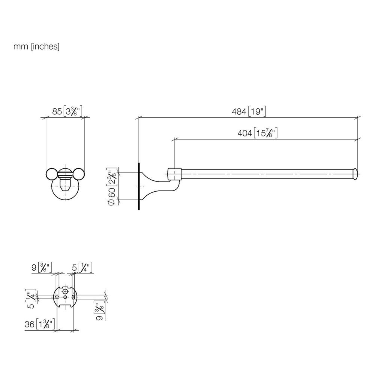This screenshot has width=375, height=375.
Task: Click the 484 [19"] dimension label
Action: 249,111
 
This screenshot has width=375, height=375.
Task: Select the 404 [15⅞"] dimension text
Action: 257,133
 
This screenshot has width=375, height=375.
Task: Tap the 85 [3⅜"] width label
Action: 67,111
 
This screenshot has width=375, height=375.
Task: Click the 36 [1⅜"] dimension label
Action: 40,324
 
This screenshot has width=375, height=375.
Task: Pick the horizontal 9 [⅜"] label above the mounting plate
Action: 42,267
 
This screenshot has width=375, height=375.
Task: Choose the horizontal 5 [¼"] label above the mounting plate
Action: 82,267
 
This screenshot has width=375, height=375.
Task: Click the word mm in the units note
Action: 21,46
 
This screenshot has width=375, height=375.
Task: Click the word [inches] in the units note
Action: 45,46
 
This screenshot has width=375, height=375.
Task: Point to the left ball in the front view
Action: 51,174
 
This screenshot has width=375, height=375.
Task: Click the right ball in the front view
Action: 79,174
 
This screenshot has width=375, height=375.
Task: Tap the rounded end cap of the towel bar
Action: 355,174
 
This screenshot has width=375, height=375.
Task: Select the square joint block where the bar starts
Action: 175,174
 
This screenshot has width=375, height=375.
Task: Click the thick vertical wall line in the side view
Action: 139,186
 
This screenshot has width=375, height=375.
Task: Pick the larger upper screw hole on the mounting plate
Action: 65,291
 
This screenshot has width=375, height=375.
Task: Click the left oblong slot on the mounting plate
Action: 57,297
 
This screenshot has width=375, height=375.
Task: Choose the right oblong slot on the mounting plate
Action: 73,297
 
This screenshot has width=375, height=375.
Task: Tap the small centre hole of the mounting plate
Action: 65,297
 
